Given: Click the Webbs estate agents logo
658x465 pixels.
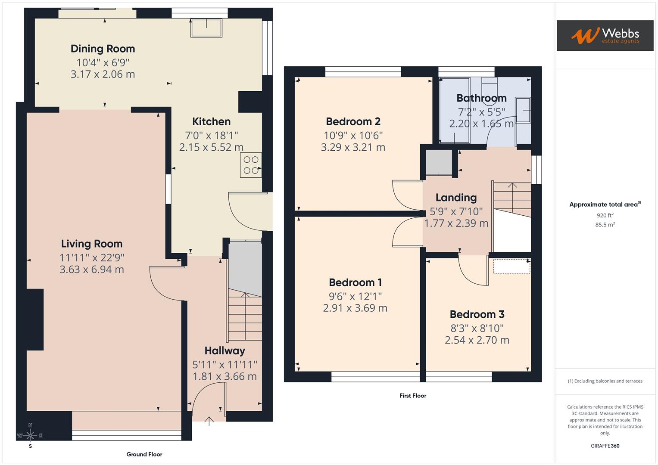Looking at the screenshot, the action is click(605, 35).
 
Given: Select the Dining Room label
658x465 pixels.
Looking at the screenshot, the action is click(103, 49).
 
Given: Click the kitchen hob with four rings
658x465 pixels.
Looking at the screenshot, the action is click(251, 164).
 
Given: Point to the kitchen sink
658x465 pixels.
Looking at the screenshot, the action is click(206, 28).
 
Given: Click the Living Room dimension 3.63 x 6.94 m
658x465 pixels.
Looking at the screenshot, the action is click(92, 269).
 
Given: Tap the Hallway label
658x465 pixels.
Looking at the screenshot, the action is click(225, 350).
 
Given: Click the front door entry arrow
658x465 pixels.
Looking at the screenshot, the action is click(209, 421).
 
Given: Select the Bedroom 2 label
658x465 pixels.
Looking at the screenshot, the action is click(353, 121).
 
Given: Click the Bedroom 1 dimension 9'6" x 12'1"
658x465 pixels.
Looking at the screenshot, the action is click(355, 296).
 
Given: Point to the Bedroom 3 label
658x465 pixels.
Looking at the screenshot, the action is click(477, 314).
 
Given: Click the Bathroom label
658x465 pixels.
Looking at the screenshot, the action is click(481, 98).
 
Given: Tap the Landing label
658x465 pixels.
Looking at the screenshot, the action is click(456, 198).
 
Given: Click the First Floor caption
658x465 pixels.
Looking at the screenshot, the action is click(413, 396).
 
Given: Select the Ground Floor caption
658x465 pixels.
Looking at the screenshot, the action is click(144, 454).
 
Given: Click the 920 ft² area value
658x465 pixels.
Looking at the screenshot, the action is click(605, 215).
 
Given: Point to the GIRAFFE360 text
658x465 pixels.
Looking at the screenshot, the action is click(605, 446).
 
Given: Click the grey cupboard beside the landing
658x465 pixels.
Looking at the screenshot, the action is click(439, 162).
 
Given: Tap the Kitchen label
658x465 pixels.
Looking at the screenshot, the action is click(211, 121).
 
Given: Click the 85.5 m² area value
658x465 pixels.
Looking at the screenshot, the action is click(605, 225).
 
